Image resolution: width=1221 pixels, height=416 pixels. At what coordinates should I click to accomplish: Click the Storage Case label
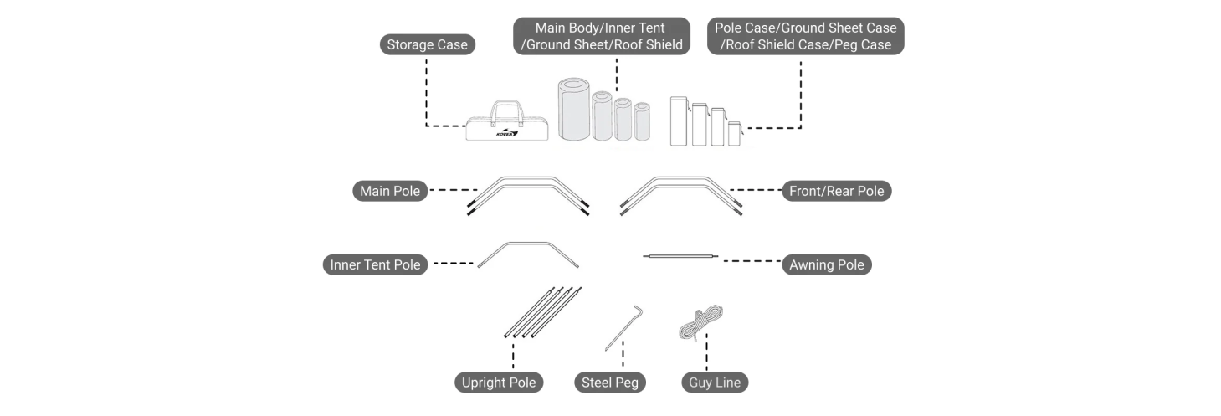click(x=427, y=44)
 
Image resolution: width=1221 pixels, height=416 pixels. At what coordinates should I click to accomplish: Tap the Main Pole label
click(x=390, y=191)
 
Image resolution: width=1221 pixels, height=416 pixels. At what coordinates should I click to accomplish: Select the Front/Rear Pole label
click(x=836, y=191)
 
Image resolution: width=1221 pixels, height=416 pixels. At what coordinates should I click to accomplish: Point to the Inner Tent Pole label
click(x=375, y=264)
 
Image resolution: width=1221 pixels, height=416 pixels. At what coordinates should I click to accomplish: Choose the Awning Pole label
click(x=826, y=264)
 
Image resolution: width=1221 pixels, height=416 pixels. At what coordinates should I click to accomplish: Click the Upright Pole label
click(x=499, y=383)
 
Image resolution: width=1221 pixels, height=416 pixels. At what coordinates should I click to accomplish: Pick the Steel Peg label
click(x=610, y=383)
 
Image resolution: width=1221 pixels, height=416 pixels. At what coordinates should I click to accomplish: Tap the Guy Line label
click(x=714, y=383)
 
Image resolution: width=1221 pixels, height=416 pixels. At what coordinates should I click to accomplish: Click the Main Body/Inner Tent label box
click(x=602, y=36)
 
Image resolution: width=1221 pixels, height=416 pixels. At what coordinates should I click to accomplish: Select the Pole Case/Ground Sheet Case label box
click(x=805, y=36)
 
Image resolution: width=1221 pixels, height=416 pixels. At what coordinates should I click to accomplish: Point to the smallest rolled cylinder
click(x=642, y=121)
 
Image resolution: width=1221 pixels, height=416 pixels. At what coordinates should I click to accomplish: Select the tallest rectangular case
click(x=679, y=121)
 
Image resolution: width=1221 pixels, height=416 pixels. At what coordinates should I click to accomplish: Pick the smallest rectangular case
click(x=734, y=134)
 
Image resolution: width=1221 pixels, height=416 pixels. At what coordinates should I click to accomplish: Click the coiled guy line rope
click(x=700, y=323)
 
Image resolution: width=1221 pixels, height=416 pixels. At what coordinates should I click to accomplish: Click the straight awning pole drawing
click(x=680, y=255)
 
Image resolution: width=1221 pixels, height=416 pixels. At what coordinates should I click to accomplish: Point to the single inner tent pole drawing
click(x=528, y=252)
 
